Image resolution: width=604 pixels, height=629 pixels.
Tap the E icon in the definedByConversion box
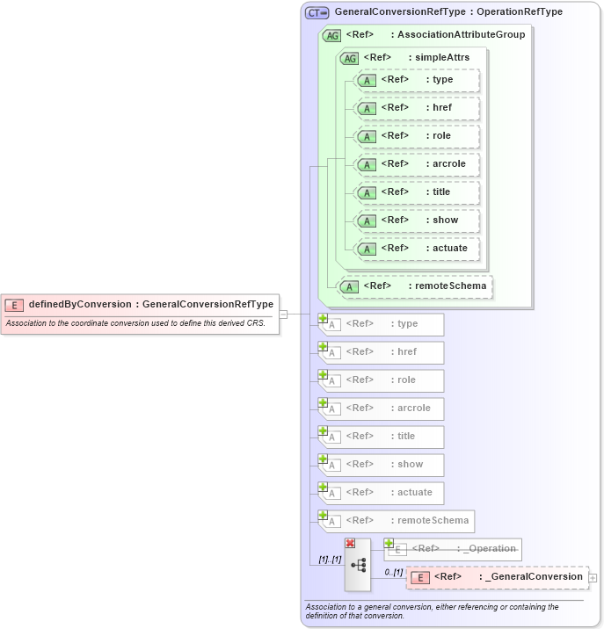[14, 305]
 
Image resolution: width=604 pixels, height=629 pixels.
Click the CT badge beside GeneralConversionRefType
[317, 12]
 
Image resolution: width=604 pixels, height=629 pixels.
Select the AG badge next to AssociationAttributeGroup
[332, 35]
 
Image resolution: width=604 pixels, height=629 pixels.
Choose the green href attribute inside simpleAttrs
[417, 108]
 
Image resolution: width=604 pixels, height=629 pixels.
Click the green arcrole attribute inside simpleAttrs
[417, 164]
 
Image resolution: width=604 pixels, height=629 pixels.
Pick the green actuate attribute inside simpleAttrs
[417, 249]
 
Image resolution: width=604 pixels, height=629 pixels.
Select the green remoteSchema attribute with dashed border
[415, 286]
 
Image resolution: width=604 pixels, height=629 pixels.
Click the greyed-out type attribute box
[382, 324]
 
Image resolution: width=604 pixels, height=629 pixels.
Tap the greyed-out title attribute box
[382, 437]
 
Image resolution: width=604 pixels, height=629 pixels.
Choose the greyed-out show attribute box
[382, 465]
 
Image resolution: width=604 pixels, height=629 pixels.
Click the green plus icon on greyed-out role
[324, 375]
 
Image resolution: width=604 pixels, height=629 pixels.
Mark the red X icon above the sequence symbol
[350, 544]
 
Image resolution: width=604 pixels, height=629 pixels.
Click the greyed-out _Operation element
[454, 549]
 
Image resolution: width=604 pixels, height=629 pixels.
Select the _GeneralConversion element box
[498, 577]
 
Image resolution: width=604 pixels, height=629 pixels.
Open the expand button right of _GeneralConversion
[593, 577]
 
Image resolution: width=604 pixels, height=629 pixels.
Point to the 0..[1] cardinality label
[393, 573]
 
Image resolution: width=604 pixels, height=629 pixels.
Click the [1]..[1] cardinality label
[330, 560]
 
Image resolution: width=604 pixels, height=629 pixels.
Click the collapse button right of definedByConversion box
[283, 314]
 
